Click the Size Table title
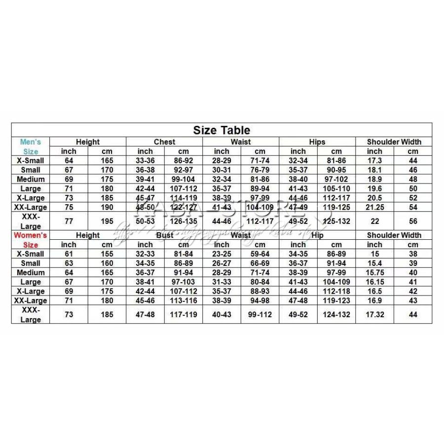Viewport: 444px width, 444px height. coord(222,130)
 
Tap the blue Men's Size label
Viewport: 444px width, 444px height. coord(31,147)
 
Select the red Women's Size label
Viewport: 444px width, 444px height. coord(31,240)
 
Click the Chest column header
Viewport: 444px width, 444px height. coord(164,142)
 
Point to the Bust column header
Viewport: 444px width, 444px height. coord(164,235)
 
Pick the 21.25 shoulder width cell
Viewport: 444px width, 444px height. coord(374,207)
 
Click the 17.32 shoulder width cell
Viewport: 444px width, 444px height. coord(374,314)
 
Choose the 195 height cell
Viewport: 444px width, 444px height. coord(107,221)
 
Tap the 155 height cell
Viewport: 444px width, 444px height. coord(107,254)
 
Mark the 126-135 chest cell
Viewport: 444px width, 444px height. coord(184,221)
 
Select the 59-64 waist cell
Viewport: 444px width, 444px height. coord(260,254)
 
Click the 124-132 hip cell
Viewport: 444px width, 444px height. coord(336,314)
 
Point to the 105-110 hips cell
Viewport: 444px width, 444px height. coord(336,188)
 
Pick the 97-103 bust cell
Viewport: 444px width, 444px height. coord(184,282)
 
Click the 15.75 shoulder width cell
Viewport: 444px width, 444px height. coord(374,272)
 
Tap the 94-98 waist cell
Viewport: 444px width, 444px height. coord(260,300)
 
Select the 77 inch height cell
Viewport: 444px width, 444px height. coord(69,221)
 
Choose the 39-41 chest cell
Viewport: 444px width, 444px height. coord(145,179)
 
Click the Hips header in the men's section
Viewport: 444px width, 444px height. coord(317,142)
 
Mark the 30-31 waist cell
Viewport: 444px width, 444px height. coord(222,170)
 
